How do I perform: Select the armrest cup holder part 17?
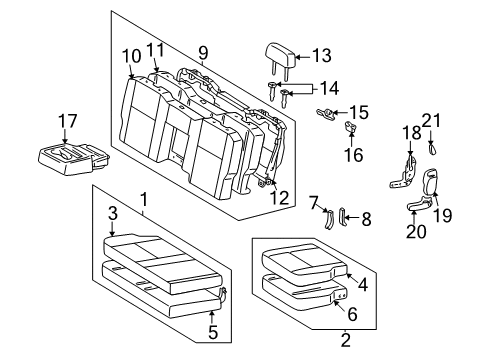pyautogui.click(x=69, y=156)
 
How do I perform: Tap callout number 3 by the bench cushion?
pyautogui.click(x=113, y=213)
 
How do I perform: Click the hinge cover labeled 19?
pyautogui.click(x=433, y=183)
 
